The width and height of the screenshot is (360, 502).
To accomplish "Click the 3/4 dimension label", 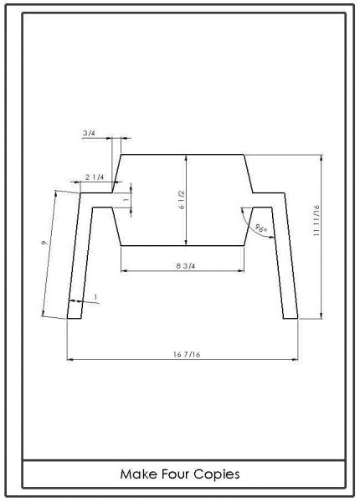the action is coord(89,133).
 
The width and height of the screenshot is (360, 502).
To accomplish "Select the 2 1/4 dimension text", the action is coord(95,177).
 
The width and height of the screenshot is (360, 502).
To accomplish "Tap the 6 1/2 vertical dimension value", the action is coord(182,200).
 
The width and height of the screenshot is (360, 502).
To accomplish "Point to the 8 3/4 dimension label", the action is coord(186,266).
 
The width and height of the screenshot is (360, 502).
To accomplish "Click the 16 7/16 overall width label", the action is coord(187,355).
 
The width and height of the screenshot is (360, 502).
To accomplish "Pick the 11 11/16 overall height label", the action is coord(316,221).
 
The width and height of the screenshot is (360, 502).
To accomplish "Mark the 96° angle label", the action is coord(261,228).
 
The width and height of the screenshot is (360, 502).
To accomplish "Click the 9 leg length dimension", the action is coord(45,243).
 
